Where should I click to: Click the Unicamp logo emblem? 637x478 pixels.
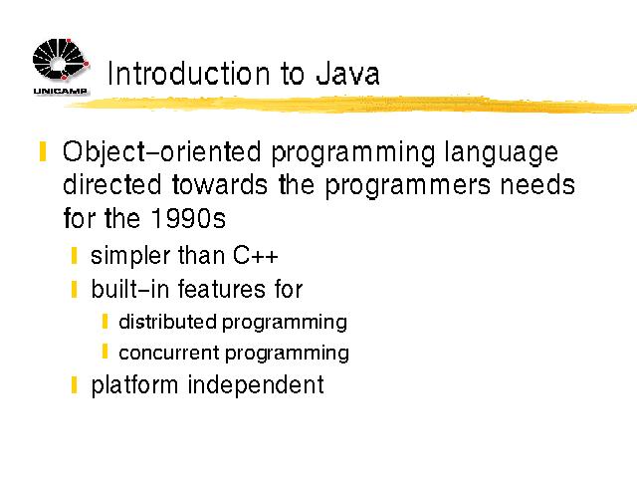coord(61,60)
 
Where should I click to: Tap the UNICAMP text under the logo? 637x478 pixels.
coord(60,91)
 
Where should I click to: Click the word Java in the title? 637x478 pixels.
coord(347,74)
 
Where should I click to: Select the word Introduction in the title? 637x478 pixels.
coord(188,74)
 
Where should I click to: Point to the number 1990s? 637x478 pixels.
coord(188,218)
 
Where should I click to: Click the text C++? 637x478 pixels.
coord(256,256)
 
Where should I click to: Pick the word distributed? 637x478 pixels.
coord(167,322)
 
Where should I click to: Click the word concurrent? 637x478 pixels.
coord(169,353)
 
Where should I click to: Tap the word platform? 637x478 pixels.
coord(134,385)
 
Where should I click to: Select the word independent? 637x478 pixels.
coord(256,385)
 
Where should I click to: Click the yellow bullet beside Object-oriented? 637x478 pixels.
coord(43,151)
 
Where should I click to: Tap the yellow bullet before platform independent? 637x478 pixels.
coord(74,385)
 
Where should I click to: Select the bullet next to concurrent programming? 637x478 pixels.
coord(105,352)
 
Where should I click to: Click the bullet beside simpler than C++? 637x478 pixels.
coord(74,256)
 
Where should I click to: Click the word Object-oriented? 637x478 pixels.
coord(161,153)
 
